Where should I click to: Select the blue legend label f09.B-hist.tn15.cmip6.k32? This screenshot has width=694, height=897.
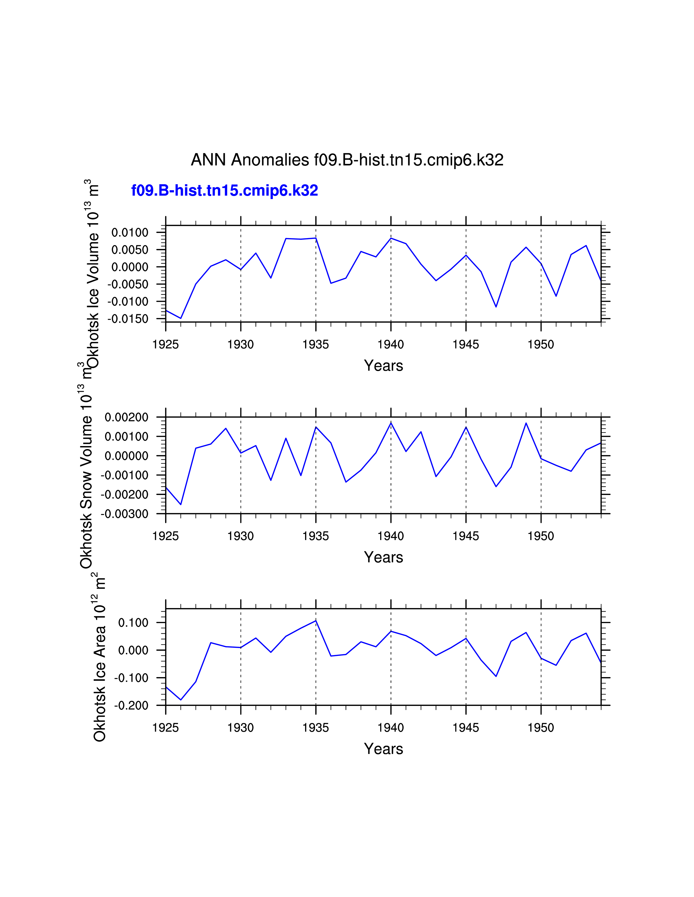(x=225, y=191)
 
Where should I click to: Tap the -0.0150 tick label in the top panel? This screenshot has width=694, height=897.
(x=128, y=319)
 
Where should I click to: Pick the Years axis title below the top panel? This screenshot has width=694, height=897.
(x=383, y=366)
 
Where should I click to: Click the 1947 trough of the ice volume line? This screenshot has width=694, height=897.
(x=496, y=307)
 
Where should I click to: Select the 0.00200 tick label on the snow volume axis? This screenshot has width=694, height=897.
(x=126, y=417)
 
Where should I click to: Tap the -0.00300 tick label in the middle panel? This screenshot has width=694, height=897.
(x=125, y=514)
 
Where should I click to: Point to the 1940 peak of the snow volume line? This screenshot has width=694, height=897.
(x=391, y=423)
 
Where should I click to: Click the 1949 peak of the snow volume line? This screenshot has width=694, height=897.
(x=526, y=423)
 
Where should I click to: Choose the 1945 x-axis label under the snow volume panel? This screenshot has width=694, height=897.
(x=466, y=536)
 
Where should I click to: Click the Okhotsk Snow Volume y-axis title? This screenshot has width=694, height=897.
(x=86, y=476)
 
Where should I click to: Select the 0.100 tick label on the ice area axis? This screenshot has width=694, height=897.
(x=133, y=623)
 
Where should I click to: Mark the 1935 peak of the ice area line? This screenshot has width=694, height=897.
(x=316, y=621)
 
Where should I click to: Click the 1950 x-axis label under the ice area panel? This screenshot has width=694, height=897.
(x=541, y=728)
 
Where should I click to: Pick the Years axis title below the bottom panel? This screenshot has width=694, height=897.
(x=383, y=749)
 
